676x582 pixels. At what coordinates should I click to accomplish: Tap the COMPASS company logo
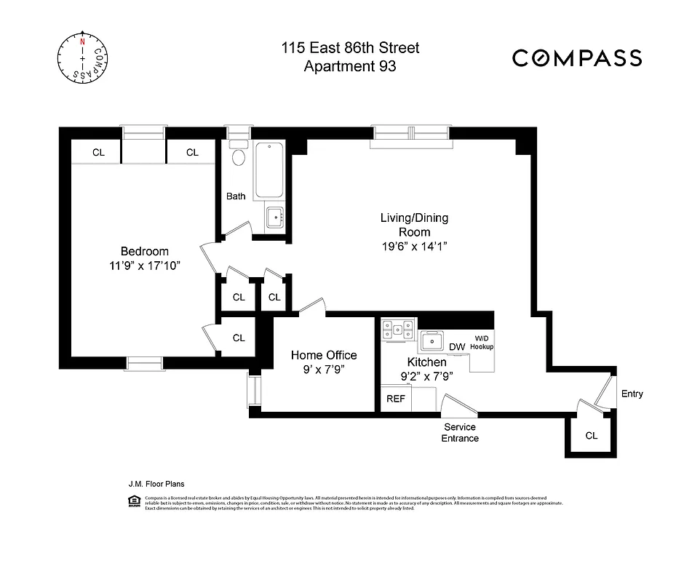point(577,58)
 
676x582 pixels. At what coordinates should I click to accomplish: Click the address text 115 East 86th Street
point(351,49)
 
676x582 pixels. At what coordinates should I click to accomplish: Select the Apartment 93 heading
point(351,67)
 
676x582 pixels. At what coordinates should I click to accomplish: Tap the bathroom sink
point(274,217)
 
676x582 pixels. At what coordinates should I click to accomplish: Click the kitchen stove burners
point(399,331)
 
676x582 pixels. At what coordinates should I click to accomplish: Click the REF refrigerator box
point(395,399)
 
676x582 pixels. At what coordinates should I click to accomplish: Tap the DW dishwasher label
point(457,347)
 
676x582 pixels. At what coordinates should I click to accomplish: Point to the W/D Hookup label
point(482,343)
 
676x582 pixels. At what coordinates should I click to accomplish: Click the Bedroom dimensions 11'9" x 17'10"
point(140,266)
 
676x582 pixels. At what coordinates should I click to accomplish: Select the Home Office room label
point(324,355)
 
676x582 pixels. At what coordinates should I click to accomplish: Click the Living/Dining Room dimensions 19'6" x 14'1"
point(414,246)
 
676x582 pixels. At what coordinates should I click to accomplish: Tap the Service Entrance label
point(460,433)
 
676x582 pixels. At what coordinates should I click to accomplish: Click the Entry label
point(632,394)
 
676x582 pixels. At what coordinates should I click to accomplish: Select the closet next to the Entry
point(591,436)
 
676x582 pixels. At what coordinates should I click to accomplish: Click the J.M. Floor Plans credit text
point(150,482)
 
